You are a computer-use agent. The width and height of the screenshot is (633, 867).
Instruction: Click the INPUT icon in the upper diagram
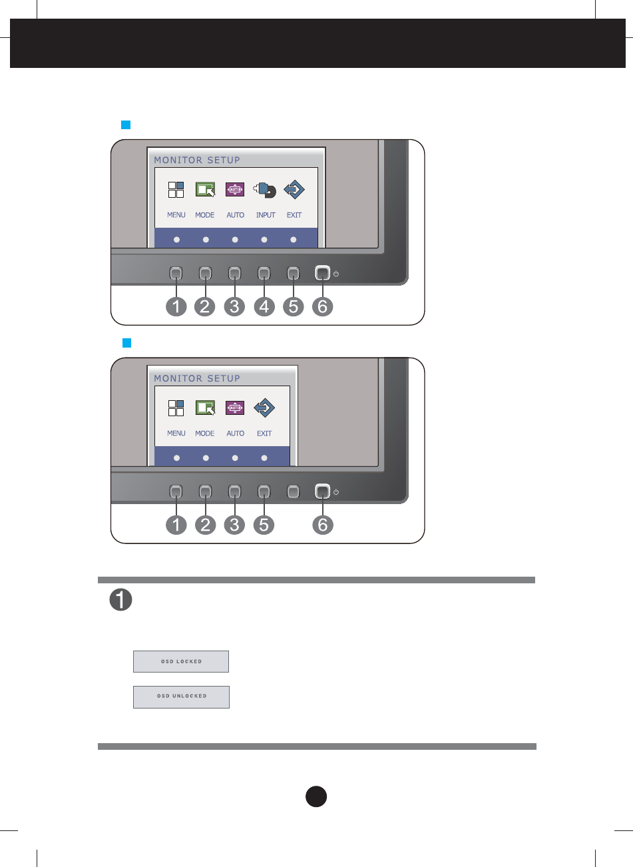click(x=265, y=190)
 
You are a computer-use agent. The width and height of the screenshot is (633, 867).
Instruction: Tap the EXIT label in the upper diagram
click(x=294, y=215)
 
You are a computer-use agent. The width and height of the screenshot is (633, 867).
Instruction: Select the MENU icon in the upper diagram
click(x=176, y=190)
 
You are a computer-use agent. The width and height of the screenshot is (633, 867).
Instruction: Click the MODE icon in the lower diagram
click(x=205, y=408)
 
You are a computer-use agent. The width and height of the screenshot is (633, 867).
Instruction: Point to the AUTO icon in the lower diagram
click(x=235, y=408)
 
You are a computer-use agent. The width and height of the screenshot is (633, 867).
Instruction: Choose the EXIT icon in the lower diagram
click(x=264, y=408)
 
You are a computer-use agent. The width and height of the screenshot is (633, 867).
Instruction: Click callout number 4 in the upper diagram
click(x=264, y=307)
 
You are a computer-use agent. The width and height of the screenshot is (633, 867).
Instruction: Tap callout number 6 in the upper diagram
click(x=323, y=307)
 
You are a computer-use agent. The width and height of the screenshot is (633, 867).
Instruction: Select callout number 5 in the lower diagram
click(x=264, y=525)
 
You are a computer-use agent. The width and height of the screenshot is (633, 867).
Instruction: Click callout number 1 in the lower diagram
click(x=176, y=525)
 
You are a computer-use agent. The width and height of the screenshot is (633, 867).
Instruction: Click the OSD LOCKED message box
click(x=181, y=661)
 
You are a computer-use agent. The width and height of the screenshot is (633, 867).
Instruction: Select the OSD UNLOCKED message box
click(x=181, y=697)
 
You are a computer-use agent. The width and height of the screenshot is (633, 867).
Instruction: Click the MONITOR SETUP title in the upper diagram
click(x=197, y=160)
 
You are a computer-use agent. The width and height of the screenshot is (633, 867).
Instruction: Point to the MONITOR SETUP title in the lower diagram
click(x=197, y=378)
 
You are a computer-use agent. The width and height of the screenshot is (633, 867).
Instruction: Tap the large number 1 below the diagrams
click(x=120, y=601)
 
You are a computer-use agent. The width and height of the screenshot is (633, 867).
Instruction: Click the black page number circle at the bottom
click(x=317, y=796)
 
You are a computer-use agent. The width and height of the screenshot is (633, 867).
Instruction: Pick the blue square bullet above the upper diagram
click(x=124, y=125)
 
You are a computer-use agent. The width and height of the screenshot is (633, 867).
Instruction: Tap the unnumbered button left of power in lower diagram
click(x=294, y=491)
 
